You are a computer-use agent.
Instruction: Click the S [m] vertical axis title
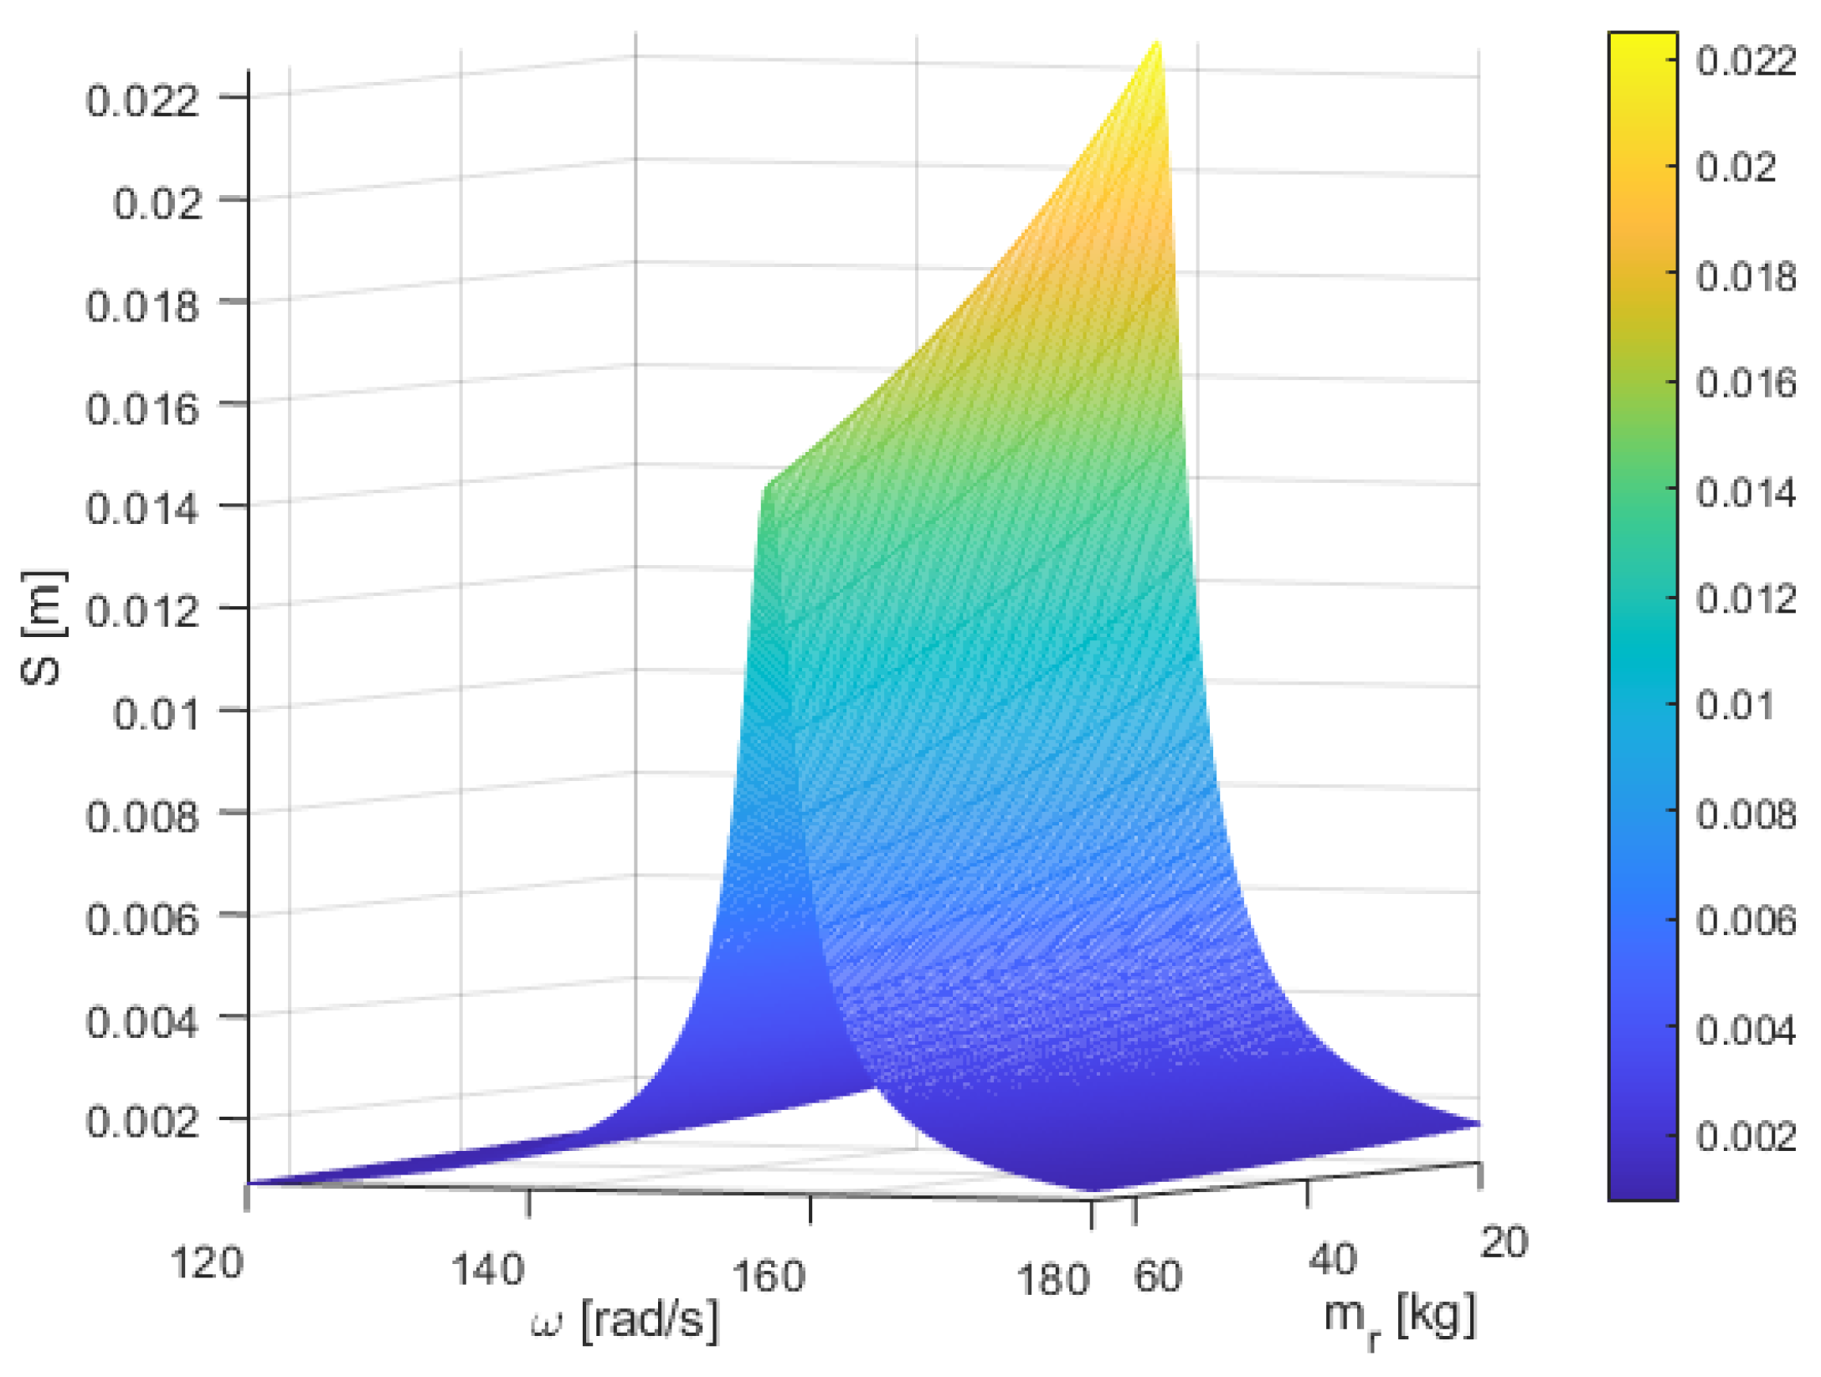click(x=42, y=628)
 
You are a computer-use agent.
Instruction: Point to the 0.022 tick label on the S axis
click(x=142, y=100)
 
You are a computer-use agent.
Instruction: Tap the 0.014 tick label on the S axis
click(x=142, y=508)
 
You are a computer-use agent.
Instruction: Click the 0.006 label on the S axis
click(x=142, y=919)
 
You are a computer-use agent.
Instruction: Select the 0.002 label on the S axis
click(x=142, y=1122)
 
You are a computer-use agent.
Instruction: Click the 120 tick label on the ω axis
click(x=206, y=1261)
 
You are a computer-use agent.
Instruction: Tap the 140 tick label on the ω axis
click(x=487, y=1269)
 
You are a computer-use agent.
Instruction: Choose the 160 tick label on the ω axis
click(x=768, y=1276)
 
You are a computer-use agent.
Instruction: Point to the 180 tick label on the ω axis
click(x=1052, y=1279)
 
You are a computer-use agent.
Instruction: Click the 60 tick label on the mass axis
click(x=1157, y=1276)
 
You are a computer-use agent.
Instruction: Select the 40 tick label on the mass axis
click(x=1332, y=1258)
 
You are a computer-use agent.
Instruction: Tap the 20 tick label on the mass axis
click(x=1504, y=1241)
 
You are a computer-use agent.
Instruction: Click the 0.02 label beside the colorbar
click(x=1736, y=167)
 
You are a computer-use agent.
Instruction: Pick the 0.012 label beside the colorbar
click(x=1746, y=599)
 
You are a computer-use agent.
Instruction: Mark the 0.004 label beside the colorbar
click(x=1746, y=1030)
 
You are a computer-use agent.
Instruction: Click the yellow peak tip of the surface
click(x=1158, y=44)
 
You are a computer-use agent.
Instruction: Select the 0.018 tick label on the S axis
click(x=142, y=306)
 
